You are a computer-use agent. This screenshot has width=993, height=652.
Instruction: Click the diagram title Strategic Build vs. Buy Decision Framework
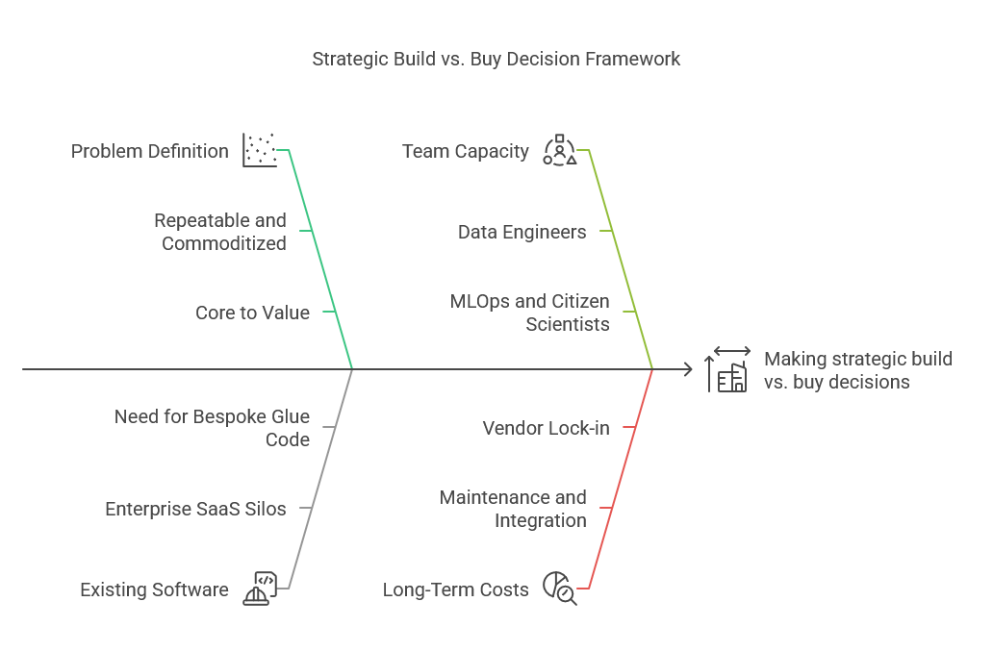(496, 59)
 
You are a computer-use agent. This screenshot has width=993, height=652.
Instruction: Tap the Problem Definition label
(150, 151)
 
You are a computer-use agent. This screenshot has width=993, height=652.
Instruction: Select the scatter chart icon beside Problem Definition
(259, 151)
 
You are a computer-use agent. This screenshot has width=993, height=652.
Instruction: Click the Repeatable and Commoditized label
(220, 232)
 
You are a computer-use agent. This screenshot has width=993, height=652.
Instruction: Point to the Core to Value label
(252, 313)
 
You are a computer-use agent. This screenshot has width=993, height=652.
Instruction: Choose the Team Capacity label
(466, 151)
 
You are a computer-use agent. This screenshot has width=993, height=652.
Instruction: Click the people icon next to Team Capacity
(559, 151)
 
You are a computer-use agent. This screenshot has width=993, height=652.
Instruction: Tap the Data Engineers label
(522, 232)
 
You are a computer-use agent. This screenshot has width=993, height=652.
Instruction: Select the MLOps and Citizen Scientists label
(529, 313)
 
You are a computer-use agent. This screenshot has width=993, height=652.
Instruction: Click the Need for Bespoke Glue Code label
(212, 428)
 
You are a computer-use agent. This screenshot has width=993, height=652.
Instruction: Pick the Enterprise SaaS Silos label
(195, 509)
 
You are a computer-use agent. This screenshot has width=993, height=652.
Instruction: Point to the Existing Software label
(154, 589)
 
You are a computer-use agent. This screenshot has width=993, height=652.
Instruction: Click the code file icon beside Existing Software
(260, 589)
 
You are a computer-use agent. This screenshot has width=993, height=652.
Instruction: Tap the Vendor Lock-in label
(546, 428)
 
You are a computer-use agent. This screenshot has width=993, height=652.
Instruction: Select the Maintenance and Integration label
(513, 509)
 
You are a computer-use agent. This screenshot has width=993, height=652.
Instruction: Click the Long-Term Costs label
(455, 589)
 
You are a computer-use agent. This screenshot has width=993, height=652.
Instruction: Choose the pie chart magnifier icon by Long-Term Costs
(559, 589)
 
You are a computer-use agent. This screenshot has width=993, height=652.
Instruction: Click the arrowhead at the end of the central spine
(687, 368)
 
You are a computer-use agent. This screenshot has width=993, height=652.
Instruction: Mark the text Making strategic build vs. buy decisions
(857, 370)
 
